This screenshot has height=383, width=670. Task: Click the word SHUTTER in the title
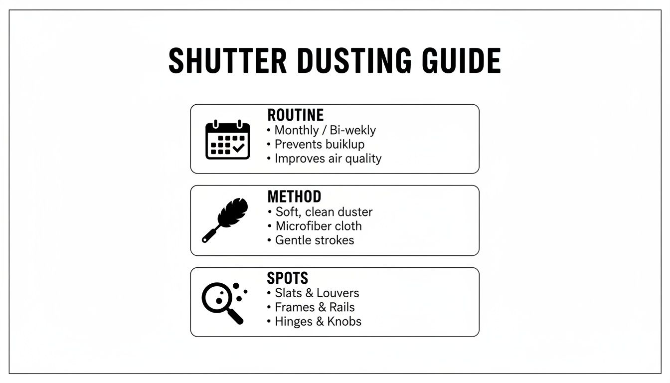(227, 61)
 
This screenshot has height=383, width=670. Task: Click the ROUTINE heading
(296, 115)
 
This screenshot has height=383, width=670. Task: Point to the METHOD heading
(294, 196)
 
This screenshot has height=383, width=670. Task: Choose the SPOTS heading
(288, 278)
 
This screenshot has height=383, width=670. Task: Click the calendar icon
(227, 140)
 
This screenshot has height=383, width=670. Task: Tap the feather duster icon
(225, 220)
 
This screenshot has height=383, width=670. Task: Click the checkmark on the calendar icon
(238, 148)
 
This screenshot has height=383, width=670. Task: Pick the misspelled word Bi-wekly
(353, 131)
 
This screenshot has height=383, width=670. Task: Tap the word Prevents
(298, 145)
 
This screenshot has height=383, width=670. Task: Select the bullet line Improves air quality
(328, 159)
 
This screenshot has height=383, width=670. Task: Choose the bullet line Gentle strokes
(314, 240)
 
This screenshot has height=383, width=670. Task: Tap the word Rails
(342, 307)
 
